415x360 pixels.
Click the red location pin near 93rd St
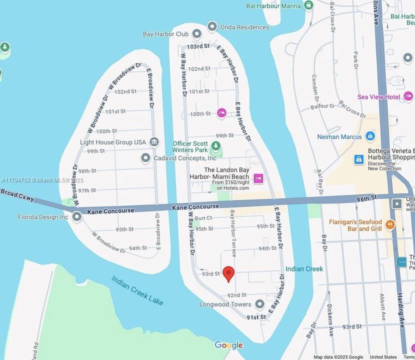coord(228,273)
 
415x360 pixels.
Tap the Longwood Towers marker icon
coord(259,304)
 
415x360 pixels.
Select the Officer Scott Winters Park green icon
coord(216,146)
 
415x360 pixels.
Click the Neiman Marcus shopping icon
coord(370,136)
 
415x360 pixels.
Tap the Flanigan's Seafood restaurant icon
coord(390,225)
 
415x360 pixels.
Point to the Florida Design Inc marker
coord(76,217)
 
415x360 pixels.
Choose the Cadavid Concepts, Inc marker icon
coord(145,158)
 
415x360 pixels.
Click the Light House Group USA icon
coord(154,142)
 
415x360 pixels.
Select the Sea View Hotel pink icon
coord(408,96)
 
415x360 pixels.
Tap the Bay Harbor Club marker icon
coord(196,34)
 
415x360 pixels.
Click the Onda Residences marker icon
coord(212,27)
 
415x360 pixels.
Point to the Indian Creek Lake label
coord(137,290)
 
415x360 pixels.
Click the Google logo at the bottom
coord(228,345)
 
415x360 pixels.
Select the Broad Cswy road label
coord(17,195)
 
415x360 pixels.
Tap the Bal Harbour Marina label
coord(273,6)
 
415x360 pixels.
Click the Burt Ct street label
coord(203,218)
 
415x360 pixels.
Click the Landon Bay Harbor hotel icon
coord(258,178)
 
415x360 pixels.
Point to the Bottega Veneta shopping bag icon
coord(358,159)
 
